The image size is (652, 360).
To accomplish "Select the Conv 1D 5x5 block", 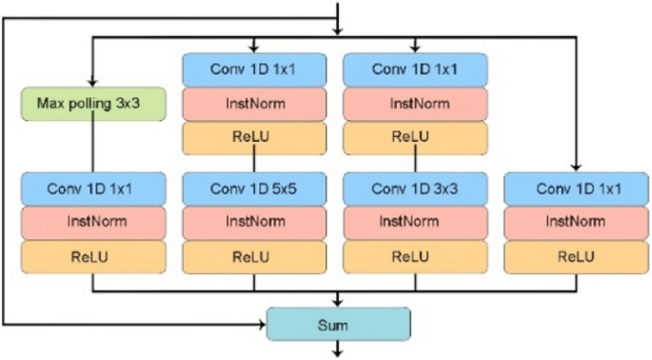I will click(x=254, y=189).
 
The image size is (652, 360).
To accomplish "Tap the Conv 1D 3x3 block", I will click(x=415, y=189).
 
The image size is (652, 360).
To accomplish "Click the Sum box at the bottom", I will click(x=338, y=324).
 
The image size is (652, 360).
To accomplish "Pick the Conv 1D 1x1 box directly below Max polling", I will click(x=92, y=189).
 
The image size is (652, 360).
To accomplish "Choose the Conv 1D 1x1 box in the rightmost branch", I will click(x=576, y=189).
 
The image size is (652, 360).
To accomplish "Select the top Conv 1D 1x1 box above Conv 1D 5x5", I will click(x=254, y=70).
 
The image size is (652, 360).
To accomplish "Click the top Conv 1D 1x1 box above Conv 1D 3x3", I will click(x=415, y=70).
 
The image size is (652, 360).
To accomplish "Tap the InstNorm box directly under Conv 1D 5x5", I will click(x=254, y=223).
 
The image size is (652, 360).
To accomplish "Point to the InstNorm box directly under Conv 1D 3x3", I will click(x=415, y=223).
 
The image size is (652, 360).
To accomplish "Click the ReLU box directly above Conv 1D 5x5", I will click(x=254, y=137).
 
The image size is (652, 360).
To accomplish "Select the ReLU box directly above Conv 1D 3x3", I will click(x=415, y=137).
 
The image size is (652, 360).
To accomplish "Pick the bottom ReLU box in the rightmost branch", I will click(x=576, y=256).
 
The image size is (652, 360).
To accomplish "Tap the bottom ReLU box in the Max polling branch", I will click(x=92, y=256).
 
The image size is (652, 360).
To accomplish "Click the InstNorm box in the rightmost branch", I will click(x=576, y=223).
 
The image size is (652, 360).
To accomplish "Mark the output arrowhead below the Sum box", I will click(x=338, y=352).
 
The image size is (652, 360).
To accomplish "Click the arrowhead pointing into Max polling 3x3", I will click(x=91, y=82).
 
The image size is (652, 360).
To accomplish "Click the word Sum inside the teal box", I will click(x=338, y=325).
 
